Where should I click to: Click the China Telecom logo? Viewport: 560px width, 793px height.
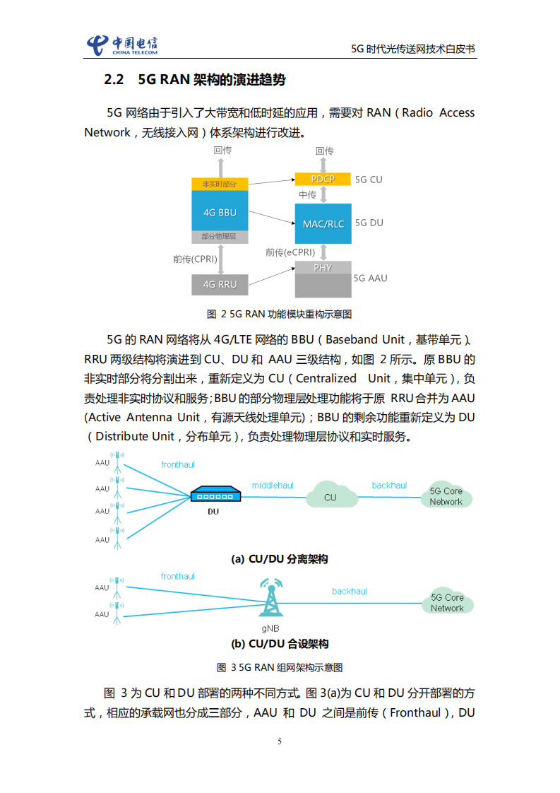coord(121,45)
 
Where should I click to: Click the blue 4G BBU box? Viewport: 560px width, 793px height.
coord(220,211)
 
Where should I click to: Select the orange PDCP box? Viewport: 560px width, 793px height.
coord(323,179)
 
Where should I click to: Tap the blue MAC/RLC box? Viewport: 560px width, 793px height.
coord(323,223)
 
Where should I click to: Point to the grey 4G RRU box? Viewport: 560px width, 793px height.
coord(220,284)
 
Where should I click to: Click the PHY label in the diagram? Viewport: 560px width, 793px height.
coord(323,268)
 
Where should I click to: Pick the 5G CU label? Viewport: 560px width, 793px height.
coord(369,180)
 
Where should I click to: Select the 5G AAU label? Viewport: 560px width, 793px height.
coord(371,278)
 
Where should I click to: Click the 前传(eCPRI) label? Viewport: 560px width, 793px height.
coord(290,252)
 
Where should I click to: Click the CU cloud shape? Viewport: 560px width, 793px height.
coord(330,495)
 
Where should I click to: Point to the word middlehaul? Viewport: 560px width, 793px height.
coord(273,486)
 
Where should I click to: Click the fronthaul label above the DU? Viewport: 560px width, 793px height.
coord(177,464)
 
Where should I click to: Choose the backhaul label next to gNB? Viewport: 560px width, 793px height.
coord(350,591)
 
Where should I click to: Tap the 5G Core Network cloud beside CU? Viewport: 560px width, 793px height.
coord(446,496)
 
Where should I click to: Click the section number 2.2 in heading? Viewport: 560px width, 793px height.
coord(114,80)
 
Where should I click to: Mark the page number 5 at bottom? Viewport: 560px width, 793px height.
coord(280,741)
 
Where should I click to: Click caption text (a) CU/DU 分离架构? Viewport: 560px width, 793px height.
coord(280,559)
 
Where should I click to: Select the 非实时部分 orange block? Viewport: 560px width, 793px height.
coord(220,184)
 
